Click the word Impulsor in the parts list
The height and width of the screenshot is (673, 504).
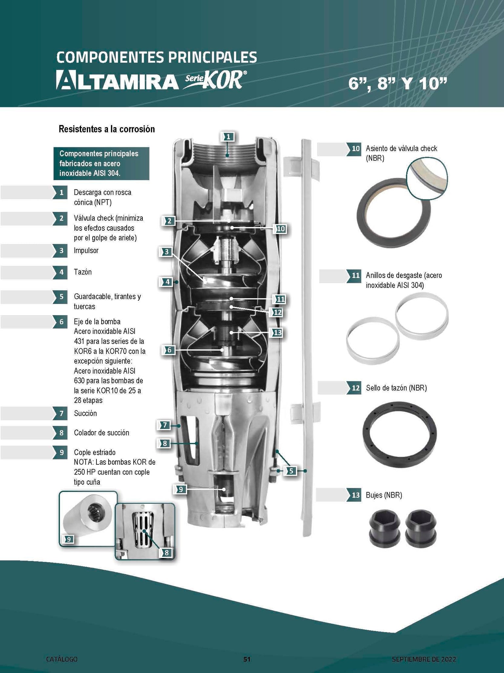[86, 250]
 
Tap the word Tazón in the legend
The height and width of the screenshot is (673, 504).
[82, 272]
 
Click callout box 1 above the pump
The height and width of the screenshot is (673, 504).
[229, 137]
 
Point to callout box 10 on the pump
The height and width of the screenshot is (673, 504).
[281, 229]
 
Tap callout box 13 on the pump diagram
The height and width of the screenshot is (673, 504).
[277, 333]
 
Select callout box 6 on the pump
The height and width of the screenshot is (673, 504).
[169, 350]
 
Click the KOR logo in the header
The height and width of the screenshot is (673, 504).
[214, 81]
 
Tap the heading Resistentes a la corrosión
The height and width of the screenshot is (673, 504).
[107, 129]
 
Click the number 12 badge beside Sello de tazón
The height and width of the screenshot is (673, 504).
[354, 388]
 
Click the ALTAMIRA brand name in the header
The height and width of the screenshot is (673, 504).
[116, 80]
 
